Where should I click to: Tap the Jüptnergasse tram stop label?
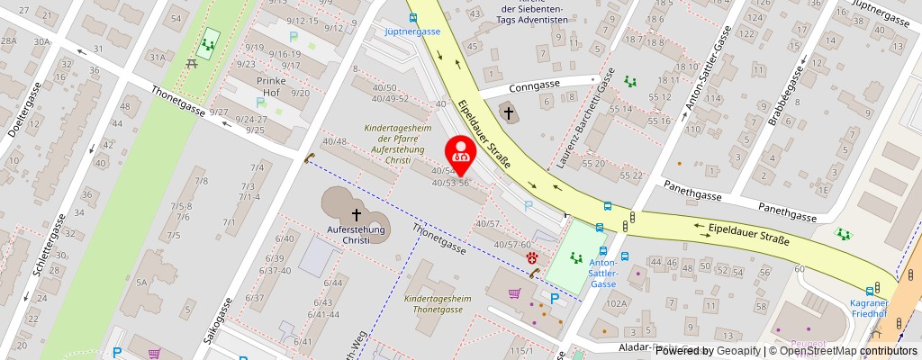(411, 30)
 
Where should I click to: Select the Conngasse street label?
(534, 86)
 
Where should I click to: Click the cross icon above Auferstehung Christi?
(357, 214)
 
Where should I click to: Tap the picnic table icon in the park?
(192, 63)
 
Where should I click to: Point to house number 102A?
(615, 304)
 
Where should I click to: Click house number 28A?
(9, 40)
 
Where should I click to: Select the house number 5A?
(141, 282)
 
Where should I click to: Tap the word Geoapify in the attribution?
(737, 351)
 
